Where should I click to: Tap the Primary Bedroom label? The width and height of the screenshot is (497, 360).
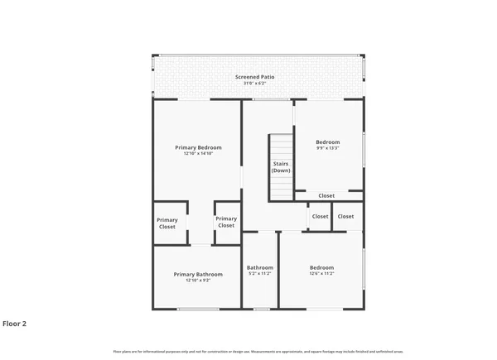[198, 147]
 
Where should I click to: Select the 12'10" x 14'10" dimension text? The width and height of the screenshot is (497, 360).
[198, 154]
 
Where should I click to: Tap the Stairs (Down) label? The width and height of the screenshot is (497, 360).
[281, 167]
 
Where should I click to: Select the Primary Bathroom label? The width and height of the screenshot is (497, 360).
[198, 274]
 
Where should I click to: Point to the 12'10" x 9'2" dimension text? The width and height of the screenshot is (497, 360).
[198, 281]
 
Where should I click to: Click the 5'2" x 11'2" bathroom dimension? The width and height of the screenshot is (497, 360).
[260, 274]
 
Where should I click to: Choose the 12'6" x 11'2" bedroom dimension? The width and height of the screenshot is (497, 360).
[321, 274]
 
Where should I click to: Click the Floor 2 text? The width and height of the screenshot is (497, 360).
[14, 324]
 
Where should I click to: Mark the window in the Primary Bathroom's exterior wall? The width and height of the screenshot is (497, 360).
[198, 310]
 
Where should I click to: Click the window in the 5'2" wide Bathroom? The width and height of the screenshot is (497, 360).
[261, 310]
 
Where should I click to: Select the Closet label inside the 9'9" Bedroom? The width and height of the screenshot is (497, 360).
[327, 196]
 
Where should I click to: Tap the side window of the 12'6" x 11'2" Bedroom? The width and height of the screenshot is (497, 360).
[364, 269]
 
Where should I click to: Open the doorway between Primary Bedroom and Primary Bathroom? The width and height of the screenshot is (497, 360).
[200, 245]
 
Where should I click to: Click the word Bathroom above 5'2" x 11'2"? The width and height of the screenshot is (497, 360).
[260, 267]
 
